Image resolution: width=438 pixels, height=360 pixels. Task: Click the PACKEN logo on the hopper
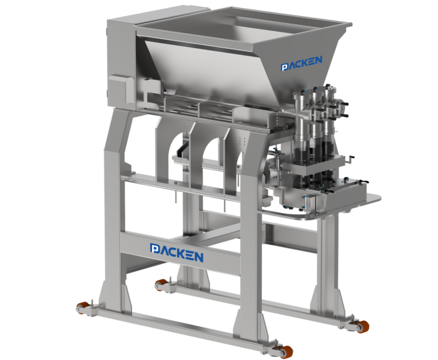(x=302, y=63)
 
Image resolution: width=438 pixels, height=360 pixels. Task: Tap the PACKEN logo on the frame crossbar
(x=177, y=252)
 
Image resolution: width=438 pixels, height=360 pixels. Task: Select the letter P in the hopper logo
(x=284, y=67)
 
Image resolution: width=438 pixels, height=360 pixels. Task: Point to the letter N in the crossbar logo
(x=198, y=257)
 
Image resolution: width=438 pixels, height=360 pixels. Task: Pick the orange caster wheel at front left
(x=81, y=308)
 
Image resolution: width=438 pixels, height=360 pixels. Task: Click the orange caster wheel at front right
(x=287, y=351)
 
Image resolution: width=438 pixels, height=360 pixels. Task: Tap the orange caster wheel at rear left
(x=161, y=284)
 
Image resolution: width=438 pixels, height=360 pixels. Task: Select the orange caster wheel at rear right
(x=362, y=326)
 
